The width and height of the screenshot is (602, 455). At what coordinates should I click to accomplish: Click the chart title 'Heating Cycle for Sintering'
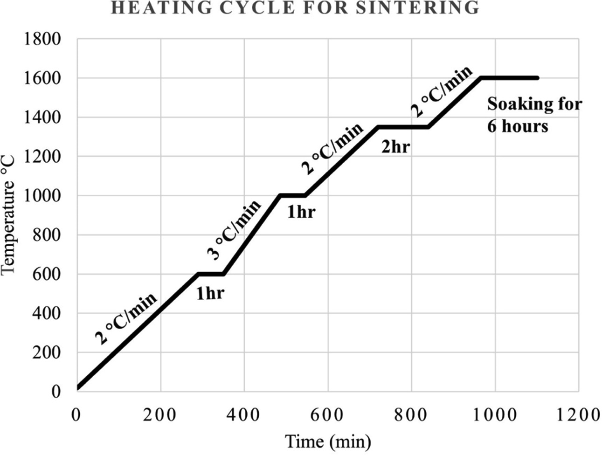(295, 8)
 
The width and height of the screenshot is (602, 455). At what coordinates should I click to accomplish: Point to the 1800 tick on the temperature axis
(42, 39)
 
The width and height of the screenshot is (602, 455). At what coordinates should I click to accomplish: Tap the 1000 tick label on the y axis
(42, 196)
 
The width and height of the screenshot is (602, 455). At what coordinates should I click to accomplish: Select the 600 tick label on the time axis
(327, 414)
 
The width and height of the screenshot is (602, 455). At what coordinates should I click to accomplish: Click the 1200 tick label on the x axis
(579, 414)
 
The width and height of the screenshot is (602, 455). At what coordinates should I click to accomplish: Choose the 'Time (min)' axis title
(328, 441)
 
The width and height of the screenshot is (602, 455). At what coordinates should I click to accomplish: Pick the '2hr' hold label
(395, 147)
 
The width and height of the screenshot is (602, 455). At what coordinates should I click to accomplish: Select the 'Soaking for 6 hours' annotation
(534, 115)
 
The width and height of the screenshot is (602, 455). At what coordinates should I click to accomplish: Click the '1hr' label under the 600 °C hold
(210, 294)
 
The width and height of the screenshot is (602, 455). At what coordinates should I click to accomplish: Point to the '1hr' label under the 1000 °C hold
(301, 213)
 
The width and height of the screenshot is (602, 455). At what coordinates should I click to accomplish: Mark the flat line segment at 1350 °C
(403, 126)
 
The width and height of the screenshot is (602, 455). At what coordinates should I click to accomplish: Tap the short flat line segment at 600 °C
(211, 274)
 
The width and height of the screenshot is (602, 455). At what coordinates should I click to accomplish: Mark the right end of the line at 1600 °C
(537, 78)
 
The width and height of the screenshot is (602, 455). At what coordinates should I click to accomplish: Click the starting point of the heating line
(78, 387)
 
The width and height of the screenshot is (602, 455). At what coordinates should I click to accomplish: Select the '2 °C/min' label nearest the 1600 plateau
(442, 90)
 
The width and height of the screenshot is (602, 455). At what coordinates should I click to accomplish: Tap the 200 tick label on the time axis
(160, 414)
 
